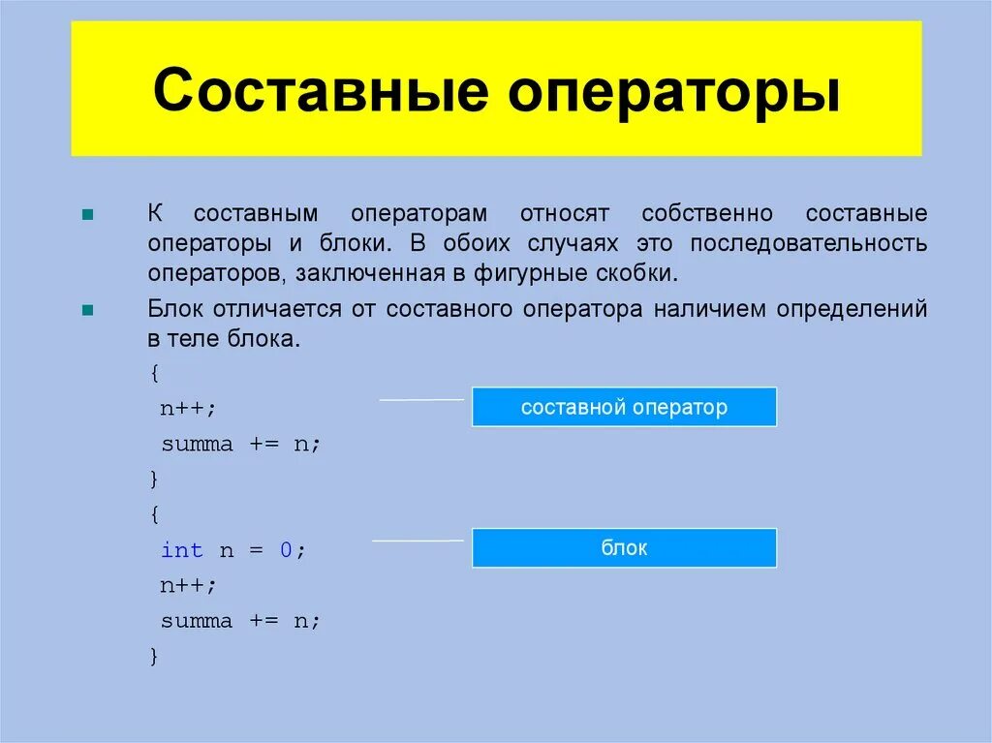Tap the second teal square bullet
pyautogui.click(x=87, y=311)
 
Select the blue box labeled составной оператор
pyautogui.click(x=624, y=407)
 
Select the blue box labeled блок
pyautogui.click(x=624, y=547)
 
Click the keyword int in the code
pyautogui.click(x=181, y=550)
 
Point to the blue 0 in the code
pyautogui.click(x=286, y=550)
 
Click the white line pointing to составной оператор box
pyautogui.click(x=420, y=399)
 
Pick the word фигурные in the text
pyautogui.click(x=522, y=272)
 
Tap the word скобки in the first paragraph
pyautogui.click(x=637, y=272)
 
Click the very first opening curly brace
pyautogui.click(x=154, y=372)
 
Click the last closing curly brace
pyautogui.click(x=154, y=656)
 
